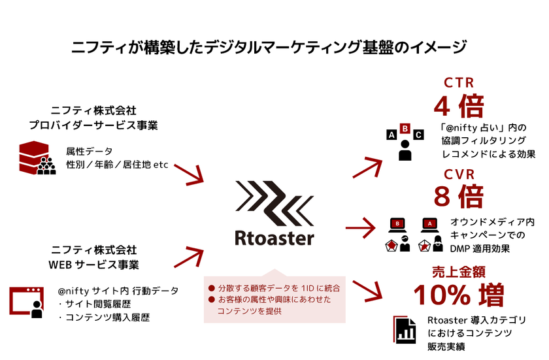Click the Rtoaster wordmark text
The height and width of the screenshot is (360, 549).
[x=274, y=237]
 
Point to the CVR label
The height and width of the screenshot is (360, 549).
[x=459, y=174]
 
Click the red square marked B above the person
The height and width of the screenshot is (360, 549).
[x=405, y=129]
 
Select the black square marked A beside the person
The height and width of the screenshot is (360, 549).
[x=391, y=135]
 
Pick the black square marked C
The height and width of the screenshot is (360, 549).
[x=418, y=135]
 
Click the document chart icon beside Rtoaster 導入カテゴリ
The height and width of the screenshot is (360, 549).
[x=406, y=330]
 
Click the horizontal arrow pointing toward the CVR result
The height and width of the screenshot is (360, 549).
[x=363, y=229]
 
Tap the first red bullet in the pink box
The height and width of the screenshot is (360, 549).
[x=211, y=287]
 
